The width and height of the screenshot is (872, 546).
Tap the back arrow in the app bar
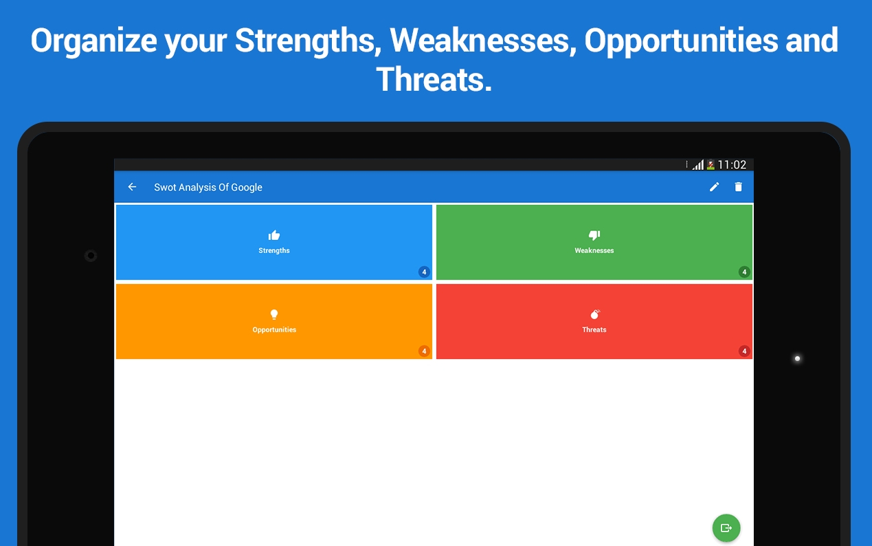[132, 187]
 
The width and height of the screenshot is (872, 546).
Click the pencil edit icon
[714, 187]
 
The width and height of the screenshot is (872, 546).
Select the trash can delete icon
[738, 187]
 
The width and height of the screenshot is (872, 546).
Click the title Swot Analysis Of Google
[208, 187]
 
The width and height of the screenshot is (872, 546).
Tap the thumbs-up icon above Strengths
[274, 235]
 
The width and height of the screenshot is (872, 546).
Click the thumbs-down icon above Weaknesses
[594, 234]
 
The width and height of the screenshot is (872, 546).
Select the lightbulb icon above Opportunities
[274, 314]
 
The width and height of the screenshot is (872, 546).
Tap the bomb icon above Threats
[595, 314]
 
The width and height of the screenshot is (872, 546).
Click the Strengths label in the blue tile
[274, 250]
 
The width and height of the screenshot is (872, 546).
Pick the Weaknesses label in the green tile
[594, 250]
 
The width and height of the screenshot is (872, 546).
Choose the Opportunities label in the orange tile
[274, 330]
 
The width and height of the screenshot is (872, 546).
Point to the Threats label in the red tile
[594, 329]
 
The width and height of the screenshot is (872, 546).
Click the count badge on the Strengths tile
[424, 272]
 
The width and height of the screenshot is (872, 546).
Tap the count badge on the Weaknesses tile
[744, 272]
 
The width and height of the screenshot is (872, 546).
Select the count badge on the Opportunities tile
[424, 351]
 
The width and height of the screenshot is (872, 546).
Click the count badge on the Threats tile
[744, 351]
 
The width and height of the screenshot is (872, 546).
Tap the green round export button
[726, 527]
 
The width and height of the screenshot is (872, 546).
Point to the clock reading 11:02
[732, 165]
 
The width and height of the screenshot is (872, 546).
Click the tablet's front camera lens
[91, 256]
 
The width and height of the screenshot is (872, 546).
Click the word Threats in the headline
[434, 80]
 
